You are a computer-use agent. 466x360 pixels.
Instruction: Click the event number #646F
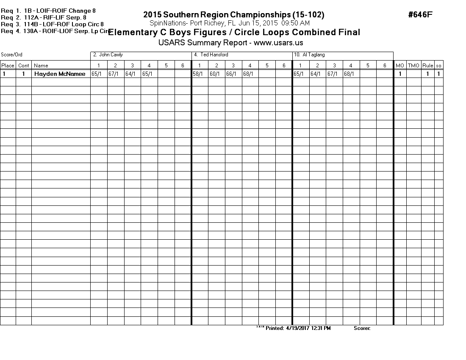[x=420, y=15]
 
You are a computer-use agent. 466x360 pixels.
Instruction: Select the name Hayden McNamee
[x=60, y=74]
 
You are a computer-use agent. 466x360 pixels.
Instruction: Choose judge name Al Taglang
[x=309, y=55]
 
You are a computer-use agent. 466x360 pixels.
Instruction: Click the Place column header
[x=8, y=66]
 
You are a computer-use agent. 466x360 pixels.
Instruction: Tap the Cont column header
[x=24, y=66]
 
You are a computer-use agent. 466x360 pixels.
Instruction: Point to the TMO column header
[x=413, y=66]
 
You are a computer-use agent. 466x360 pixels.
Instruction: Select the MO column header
[x=400, y=66]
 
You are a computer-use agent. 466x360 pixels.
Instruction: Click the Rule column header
[x=427, y=66]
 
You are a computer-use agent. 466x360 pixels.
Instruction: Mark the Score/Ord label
[x=11, y=55]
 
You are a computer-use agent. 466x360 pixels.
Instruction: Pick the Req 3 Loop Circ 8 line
[x=52, y=24]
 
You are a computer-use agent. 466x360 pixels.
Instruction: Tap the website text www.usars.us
[x=278, y=43]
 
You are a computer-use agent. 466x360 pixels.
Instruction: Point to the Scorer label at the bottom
[x=362, y=328]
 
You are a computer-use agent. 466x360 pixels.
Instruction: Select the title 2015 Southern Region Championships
[x=234, y=15]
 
